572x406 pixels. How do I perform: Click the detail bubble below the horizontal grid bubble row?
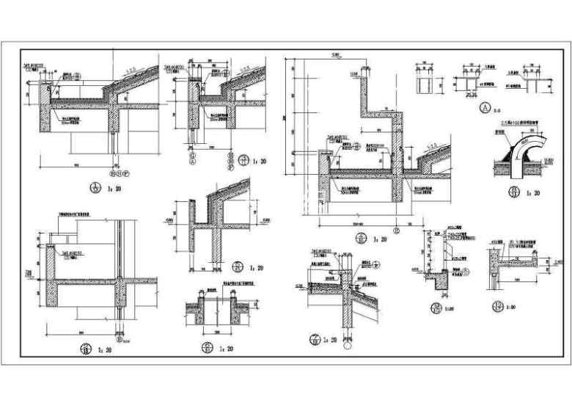95,189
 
